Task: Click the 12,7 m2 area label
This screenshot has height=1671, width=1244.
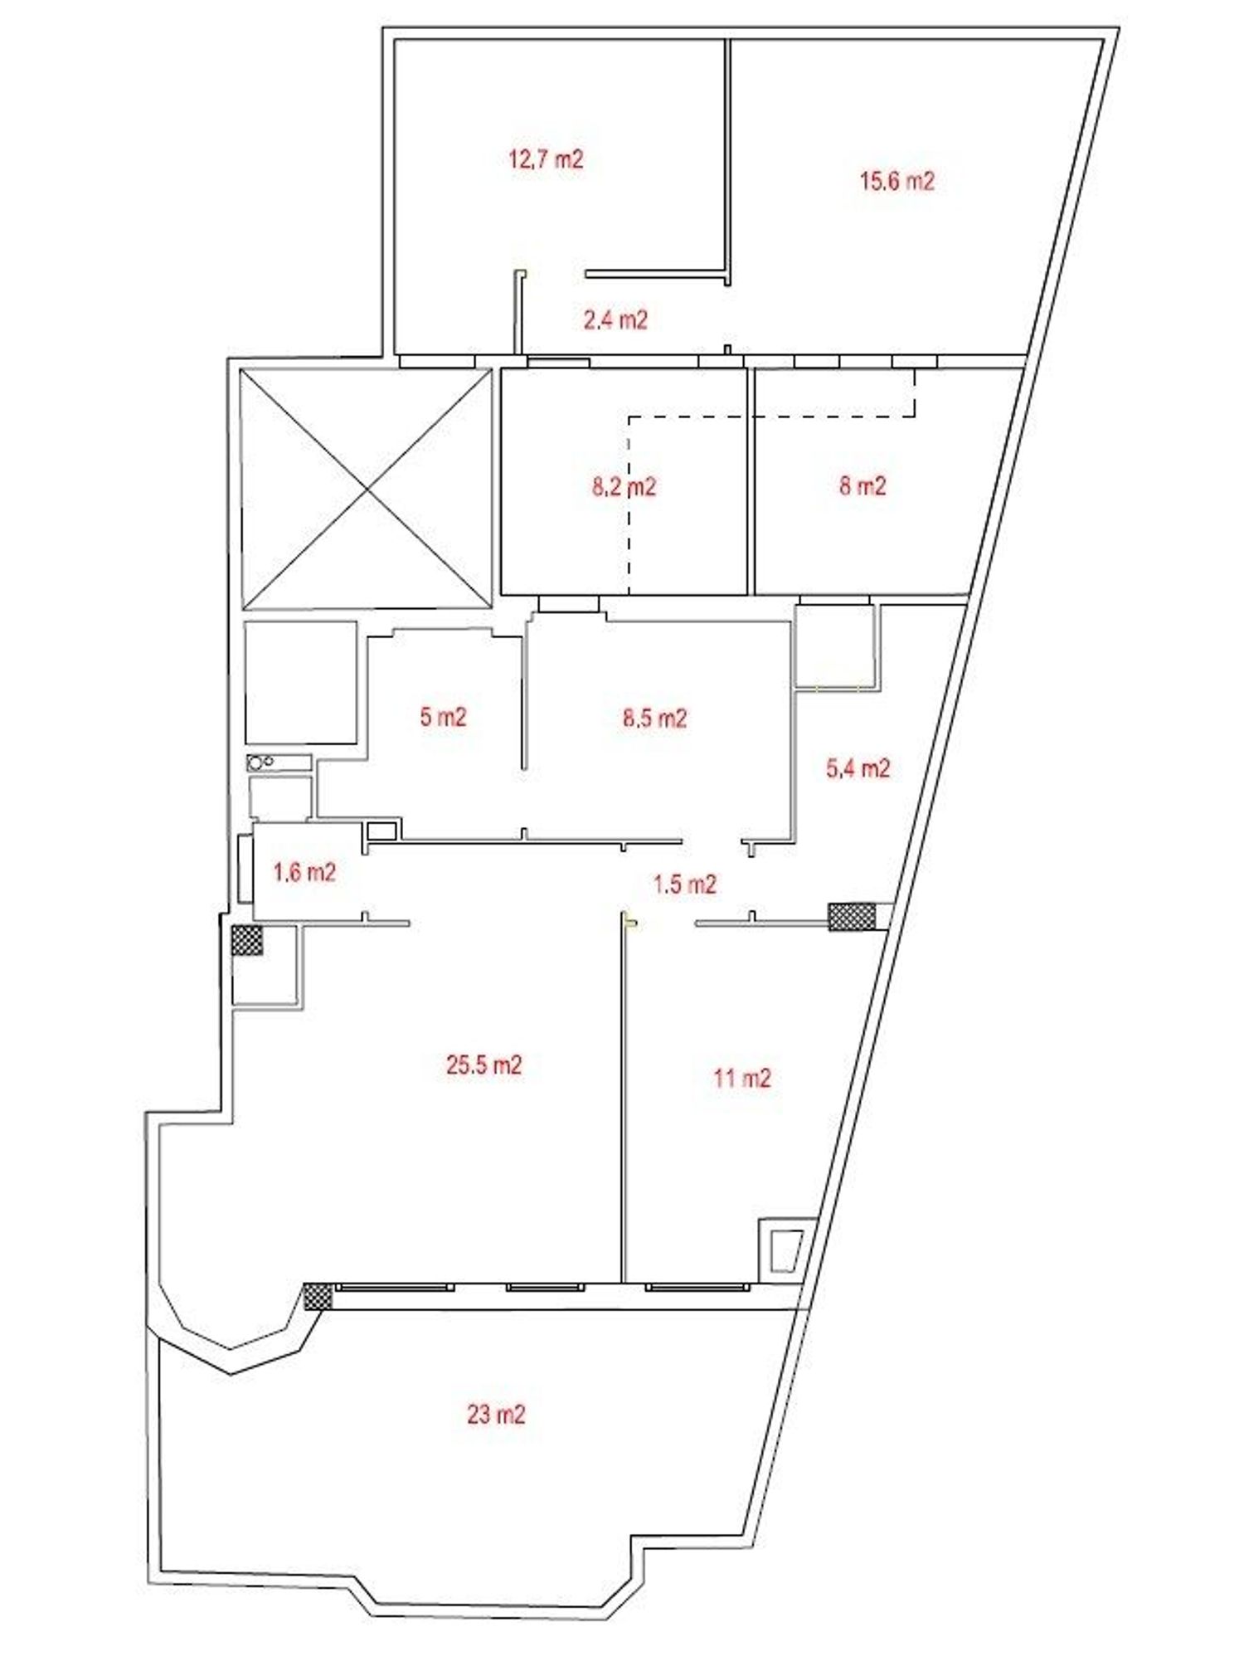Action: (x=546, y=158)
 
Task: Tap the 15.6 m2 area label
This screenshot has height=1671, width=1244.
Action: (x=897, y=181)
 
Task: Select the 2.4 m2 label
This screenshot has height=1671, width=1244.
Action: (x=615, y=319)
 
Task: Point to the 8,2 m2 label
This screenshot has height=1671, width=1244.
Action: (x=624, y=486)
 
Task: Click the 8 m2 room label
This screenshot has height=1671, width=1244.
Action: (x=863, y=485)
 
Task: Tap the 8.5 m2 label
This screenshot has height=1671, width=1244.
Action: (x=654, y=717)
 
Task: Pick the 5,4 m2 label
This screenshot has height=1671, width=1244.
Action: (x=858, y=768)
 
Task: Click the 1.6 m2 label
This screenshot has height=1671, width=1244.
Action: (x=304, y=872)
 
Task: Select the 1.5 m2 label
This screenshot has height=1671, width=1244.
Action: (x=684, y=884)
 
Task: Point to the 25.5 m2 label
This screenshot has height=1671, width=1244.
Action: (x=484, y=1064)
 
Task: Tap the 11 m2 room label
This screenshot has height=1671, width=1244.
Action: (x=742, y=1078)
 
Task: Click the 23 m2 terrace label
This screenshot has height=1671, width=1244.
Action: (x=496, y=1414)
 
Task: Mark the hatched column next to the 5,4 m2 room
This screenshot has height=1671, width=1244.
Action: (x=852, y=916)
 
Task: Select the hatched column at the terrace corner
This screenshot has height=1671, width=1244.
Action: (x=317, y=1296)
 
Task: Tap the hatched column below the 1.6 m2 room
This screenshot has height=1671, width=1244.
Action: (x=247, y=940)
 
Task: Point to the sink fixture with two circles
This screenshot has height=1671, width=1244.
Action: (x=279, y=762)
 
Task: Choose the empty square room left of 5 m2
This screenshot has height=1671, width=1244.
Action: (x=301, y=682)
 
